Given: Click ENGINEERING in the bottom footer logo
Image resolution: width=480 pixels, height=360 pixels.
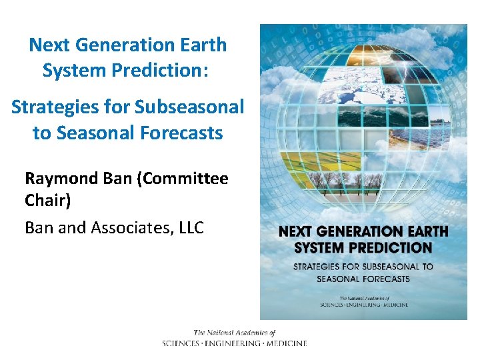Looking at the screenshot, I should tap(234, 343).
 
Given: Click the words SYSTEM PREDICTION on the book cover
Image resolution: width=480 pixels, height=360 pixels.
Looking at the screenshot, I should tap(363, 247).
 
